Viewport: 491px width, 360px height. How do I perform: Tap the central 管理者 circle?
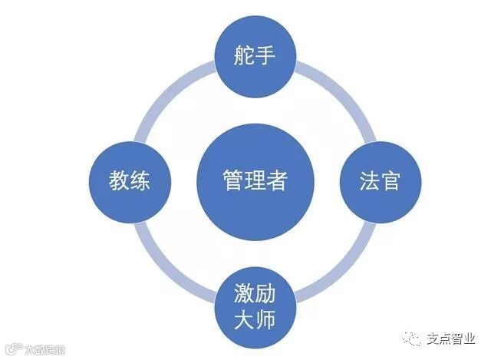pyautogui.click(x=254, y=181)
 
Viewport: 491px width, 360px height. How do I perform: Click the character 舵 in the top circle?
pyautogui.click(x=243, y=56)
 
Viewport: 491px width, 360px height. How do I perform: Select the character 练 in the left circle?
pyautogui.click(x=139, y=182)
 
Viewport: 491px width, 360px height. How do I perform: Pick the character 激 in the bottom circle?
pyautogui.click(x=243, y=294)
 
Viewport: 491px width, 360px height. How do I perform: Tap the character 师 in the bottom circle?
pyautogui.click(x=265, y=317)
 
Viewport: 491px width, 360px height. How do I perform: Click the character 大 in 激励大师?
pyautogui.click(x=243, y=317)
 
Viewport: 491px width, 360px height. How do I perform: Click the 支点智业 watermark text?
pyautogui.click(x=452, y=338)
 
